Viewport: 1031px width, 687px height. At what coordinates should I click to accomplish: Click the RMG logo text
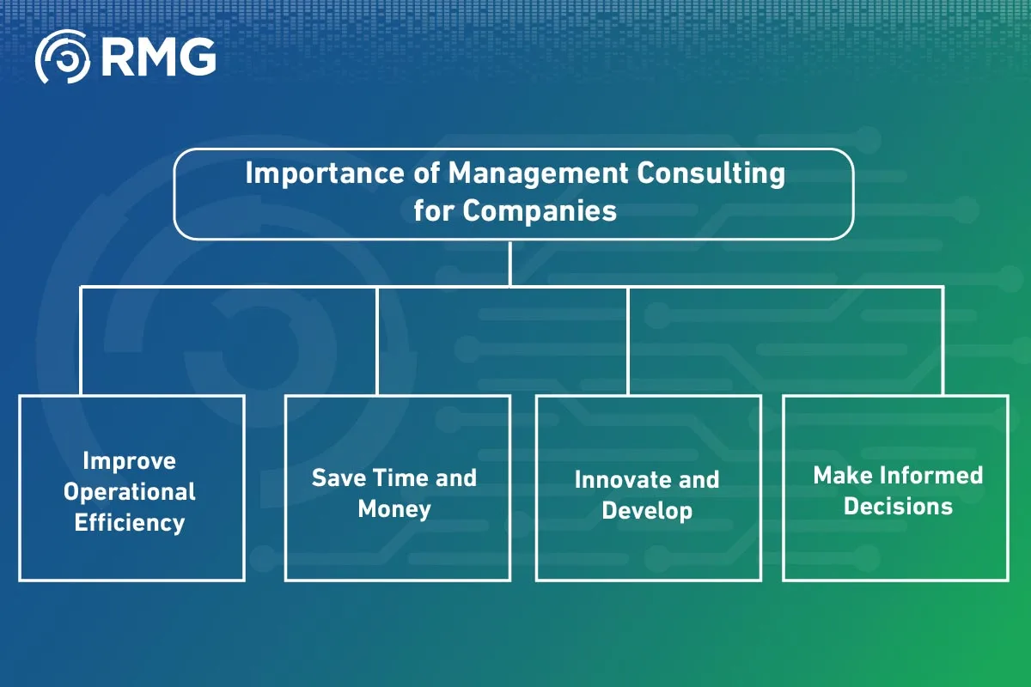tap(157, 58)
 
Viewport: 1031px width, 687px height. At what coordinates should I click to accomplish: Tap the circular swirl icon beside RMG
tap(63, 58)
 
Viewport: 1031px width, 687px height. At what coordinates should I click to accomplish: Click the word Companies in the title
tap(540, 210)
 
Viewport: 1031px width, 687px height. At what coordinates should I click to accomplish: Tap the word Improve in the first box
tap(130, 461)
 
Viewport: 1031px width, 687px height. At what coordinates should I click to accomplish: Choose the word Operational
tap(130, 492)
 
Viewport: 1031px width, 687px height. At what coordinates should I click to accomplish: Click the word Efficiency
tap(130, 523)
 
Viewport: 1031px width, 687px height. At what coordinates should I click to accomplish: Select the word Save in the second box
tap(339, 477)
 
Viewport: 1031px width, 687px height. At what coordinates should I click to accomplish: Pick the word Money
tap(394, 508)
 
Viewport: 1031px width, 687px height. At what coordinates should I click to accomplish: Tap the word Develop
tap(647, 511)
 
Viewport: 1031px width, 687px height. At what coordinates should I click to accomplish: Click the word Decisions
tap(898, 507)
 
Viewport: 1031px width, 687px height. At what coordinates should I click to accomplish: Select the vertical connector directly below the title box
tap(510, 263)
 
